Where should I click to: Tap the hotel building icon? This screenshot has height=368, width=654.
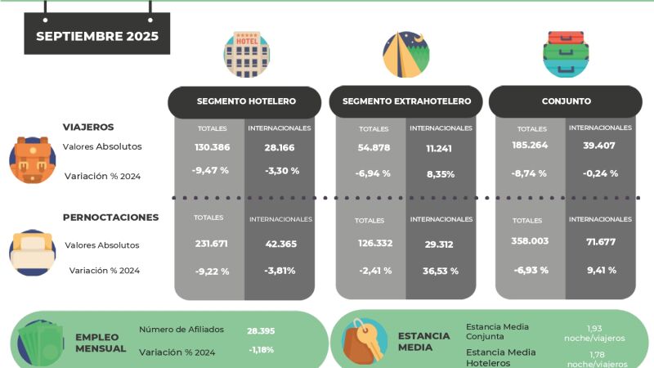pyautogui.click(x=247, y=54)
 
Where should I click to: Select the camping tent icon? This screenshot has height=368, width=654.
pyautogui.click(x=406, y=54)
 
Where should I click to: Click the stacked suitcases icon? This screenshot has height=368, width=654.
pyautogui.click(x=566, y=54)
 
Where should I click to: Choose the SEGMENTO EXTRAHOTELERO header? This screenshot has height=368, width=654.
pyautogui.click(x=405, y=101)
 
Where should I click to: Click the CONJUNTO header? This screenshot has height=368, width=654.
pyautogui.click(x=566, y=101)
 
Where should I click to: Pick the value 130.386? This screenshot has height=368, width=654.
pyautogui.click(x=213, y=147)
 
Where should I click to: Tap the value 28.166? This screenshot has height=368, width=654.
pyautogui.click(x=280, y=148)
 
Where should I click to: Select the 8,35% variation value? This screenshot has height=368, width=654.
pyautogui.click(x=441, y=174)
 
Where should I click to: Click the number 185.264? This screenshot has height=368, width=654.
pyautogui.click(x=530, y=146)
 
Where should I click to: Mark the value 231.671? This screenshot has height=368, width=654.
pyautogui.click(x=212, y=244)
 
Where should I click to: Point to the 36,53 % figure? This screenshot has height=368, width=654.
pyautogui.click(x=441, y=272)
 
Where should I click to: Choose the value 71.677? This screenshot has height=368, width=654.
pyautogui.click(x=601, y=242)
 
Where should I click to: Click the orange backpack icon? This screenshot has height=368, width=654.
pyautogui.click(x=33, y=160)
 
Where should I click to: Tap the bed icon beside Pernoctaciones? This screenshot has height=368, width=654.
pyautogui.click(x=33, y=253)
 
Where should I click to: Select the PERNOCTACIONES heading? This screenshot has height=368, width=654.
pyautogui.click(x=111, y=218)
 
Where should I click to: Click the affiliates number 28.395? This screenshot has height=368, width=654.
pyautogui.click(x=261, y=331)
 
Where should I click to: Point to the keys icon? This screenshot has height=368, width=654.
pyautogui.click(x=364, y=341)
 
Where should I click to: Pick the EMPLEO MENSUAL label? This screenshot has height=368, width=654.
pyautogui.click(x=101, y=343)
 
